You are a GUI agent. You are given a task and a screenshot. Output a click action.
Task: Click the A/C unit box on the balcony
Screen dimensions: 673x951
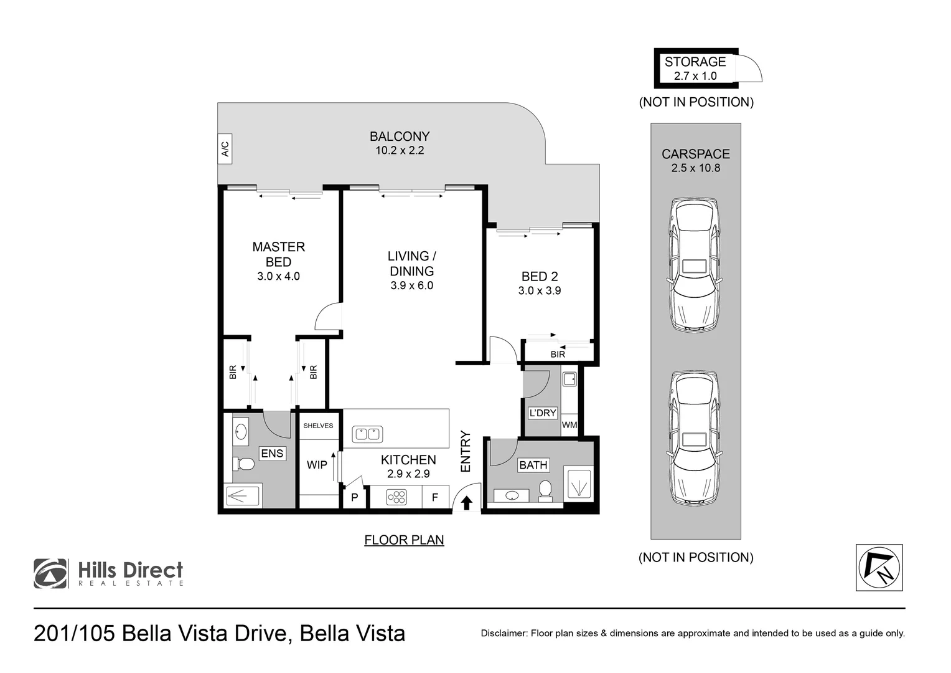click(225, 149)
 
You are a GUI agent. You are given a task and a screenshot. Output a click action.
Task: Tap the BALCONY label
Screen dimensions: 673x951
click(400, 136)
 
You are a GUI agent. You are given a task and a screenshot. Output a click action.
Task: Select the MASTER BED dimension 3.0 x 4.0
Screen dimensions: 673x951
click(278, 276)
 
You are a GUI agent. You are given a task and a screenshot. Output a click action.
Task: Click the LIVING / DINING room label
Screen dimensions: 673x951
click(411, 264)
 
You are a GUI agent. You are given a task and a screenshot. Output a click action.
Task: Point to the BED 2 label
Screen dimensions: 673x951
click(539, 276)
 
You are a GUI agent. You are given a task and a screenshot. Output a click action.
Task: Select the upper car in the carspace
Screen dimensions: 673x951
click(695, 265)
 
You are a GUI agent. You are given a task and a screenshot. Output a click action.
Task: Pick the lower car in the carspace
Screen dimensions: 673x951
click(695, 437)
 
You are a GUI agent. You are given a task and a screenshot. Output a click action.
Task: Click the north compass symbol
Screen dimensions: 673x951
click(879, 568)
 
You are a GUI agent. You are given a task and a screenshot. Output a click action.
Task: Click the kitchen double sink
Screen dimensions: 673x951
click(367, 434)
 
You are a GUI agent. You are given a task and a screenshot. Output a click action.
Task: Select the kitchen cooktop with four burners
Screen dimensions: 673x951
click(396, 497)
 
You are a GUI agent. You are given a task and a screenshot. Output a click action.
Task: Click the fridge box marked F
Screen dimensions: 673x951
click(435, 497)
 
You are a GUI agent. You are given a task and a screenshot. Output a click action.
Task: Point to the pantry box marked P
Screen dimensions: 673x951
click(354, 498)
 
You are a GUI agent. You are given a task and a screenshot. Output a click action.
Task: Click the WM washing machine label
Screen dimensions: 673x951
click(569, 425)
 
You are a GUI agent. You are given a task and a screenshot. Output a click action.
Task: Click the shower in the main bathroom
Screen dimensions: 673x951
click(578, 484)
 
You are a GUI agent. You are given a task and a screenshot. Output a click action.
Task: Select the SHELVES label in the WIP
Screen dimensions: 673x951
click(318, 426)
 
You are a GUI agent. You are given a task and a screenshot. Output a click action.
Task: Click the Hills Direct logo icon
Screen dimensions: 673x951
click(51, 573)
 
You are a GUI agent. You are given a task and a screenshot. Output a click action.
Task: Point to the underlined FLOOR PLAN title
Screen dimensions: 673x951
click(404, 540)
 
